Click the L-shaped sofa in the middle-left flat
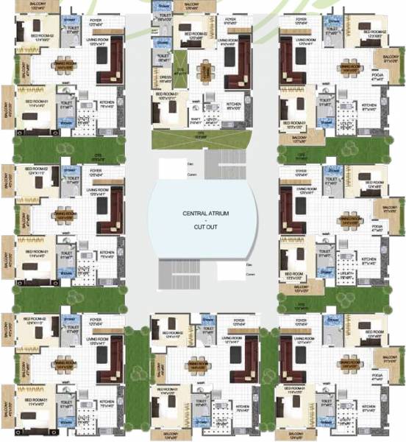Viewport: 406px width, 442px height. coord(111,214)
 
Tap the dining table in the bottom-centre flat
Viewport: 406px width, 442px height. coord(197,366)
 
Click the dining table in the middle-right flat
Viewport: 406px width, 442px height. coord(357,222)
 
